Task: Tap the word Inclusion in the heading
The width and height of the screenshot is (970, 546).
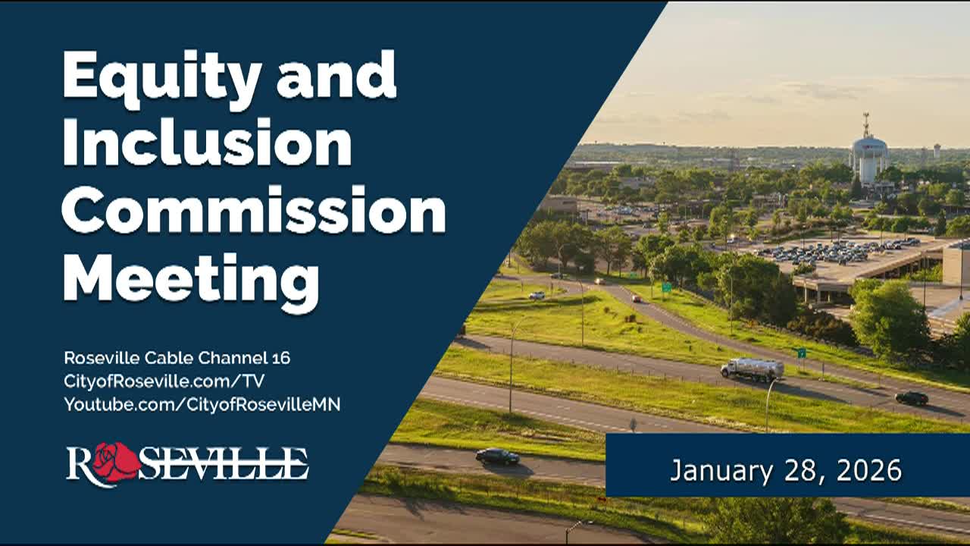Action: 206,143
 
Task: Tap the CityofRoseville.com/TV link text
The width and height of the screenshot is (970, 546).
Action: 164,381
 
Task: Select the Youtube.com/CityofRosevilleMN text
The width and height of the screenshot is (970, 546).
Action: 202,404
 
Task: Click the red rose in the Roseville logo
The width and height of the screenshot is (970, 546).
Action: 116,461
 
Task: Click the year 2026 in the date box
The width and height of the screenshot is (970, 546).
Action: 869,470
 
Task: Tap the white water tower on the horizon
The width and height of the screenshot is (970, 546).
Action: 868,158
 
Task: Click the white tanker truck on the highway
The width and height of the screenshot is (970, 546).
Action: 752,369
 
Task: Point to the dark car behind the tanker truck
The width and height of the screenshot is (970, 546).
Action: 911,397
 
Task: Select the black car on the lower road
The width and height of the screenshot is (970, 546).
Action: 497,456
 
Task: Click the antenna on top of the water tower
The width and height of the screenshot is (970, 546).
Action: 866,124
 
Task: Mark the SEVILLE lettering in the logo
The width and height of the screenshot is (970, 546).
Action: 224,463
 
